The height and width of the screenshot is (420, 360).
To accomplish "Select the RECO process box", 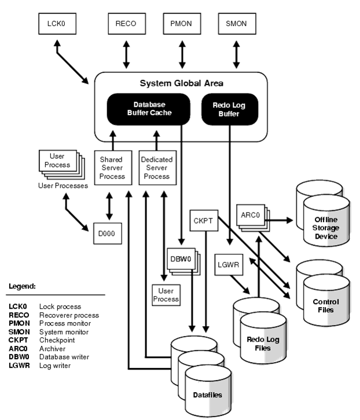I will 125,24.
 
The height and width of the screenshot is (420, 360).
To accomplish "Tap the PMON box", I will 182,24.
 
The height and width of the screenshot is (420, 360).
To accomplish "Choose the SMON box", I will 236,24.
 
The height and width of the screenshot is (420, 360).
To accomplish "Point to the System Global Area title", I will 181,83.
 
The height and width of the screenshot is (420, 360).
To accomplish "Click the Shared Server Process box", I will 111,167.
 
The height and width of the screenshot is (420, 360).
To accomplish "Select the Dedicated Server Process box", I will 156,167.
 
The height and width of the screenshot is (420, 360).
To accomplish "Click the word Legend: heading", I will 23,286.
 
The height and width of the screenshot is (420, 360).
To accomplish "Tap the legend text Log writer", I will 55,366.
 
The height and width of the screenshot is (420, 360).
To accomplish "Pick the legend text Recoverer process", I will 69,315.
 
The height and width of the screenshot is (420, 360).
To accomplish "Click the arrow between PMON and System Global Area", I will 182,56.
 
